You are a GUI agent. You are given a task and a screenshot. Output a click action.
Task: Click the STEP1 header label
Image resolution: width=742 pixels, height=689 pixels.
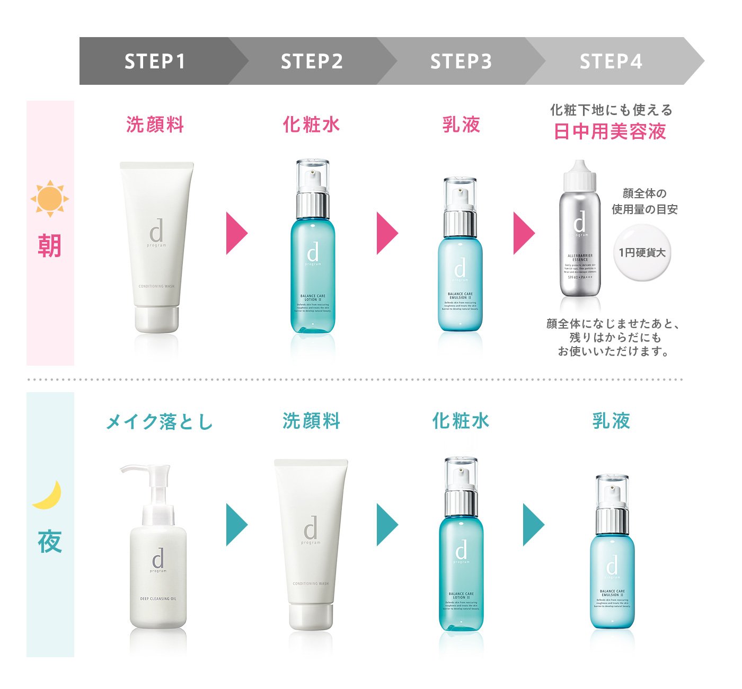point(155,61)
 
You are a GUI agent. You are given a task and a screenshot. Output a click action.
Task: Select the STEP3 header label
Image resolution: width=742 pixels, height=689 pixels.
point(461,61)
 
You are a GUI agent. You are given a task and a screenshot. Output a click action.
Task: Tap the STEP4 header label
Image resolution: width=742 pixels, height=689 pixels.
point(611,61)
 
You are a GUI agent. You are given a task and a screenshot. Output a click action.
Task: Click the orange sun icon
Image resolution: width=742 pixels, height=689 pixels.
point(50,199)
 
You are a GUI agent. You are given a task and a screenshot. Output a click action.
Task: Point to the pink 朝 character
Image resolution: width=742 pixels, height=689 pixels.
point(50,245)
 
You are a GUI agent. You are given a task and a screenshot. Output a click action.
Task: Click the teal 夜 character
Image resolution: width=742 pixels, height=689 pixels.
point(50,541)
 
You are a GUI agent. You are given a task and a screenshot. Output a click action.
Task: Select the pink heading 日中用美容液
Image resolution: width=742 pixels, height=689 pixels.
point(610,131)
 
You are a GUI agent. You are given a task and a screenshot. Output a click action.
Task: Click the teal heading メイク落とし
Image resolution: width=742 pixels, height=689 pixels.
point(159,422)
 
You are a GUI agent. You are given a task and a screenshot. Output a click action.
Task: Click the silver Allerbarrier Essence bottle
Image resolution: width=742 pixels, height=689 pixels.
point(580,244)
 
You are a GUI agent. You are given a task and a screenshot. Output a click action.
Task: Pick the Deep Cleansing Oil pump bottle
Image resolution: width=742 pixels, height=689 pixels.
point(157,562)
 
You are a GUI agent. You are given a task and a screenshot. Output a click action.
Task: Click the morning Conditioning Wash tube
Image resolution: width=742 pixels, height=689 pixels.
point(156,246)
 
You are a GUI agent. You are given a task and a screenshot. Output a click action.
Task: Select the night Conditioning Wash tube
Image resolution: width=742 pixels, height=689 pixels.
point(311,543)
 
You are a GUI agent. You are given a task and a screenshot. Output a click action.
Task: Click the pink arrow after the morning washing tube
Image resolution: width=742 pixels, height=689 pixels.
point(236,233)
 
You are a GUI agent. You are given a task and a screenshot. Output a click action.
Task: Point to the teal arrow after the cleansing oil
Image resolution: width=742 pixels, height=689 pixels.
point(236,525)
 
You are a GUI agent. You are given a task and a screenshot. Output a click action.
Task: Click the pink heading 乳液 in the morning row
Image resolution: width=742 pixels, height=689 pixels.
point(461,125)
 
